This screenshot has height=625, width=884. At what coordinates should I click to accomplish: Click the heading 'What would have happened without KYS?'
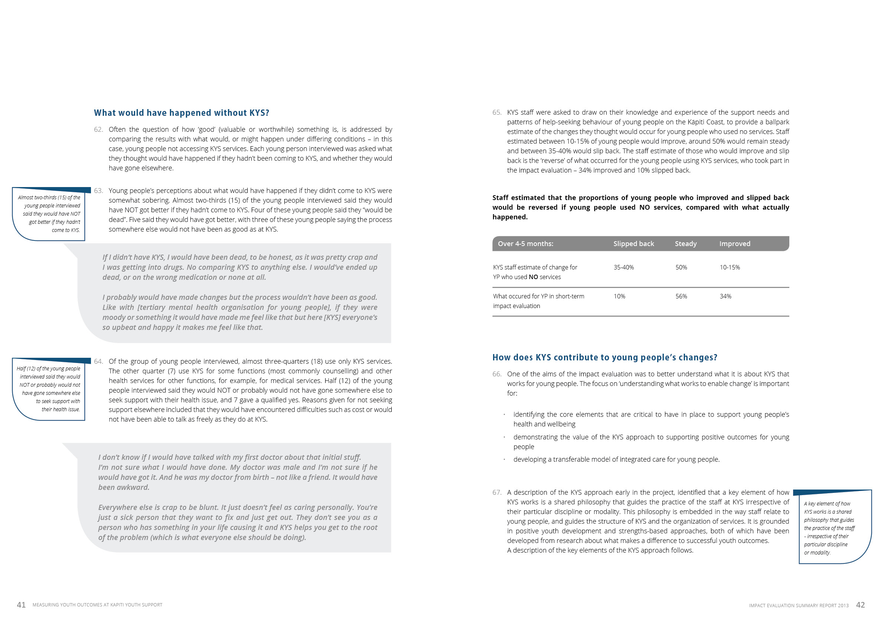point(181,113)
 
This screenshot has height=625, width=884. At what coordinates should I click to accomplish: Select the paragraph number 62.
point(98,130)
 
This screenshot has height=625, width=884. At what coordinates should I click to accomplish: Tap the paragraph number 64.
point(98,361)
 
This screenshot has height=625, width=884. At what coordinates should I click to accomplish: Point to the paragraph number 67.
point(497,493)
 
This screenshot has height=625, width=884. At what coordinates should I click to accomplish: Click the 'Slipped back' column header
point(633,243)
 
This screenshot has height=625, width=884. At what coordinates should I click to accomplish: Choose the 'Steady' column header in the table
point(685,243)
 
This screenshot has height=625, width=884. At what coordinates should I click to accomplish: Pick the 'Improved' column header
point(735,243)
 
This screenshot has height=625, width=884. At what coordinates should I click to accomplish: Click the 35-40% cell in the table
point(623,268)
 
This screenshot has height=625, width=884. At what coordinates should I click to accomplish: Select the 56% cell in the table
point(681,296)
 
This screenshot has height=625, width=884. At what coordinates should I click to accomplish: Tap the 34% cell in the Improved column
point(725,296)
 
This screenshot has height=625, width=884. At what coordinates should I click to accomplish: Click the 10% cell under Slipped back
point(619,296)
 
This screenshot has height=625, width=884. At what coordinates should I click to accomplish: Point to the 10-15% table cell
point(730,268)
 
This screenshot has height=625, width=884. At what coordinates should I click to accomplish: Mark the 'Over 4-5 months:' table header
point(525,243)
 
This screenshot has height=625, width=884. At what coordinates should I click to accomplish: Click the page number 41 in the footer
point(21,605)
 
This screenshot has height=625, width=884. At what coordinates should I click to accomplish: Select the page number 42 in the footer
point(861,605)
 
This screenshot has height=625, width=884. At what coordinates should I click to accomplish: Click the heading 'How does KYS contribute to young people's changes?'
point(604,357)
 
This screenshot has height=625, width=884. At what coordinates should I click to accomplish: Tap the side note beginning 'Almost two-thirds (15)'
point(49,214)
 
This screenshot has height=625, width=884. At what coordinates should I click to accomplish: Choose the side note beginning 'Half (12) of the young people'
point(49,389)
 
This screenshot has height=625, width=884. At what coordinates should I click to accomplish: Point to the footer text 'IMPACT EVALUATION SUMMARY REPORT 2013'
point(799,606)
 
